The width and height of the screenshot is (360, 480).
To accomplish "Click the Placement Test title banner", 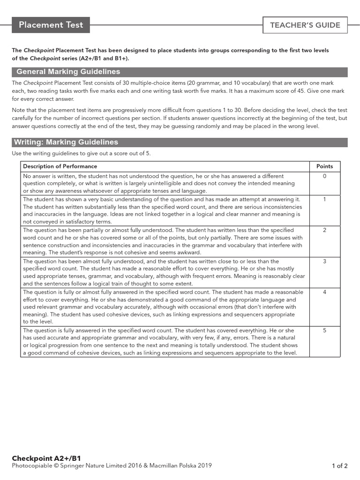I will point(51,25).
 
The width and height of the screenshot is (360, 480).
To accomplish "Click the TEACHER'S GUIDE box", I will point(305,25).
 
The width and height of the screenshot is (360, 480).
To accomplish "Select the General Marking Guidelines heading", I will point(68,72).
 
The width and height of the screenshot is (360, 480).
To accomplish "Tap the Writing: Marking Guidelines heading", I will point(66,142).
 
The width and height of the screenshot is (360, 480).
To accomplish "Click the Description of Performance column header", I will point(60,166).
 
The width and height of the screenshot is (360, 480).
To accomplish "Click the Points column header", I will point(324,166).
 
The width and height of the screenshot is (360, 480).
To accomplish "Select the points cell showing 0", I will point(324,176).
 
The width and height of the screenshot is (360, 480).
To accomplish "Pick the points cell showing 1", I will point(324,199).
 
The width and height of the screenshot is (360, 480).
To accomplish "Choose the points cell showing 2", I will point(324,230).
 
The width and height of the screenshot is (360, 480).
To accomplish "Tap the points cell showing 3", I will point(324,261).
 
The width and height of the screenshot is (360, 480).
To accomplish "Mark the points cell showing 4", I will point(324,292).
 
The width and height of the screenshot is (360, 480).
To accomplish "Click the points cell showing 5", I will point(324,330).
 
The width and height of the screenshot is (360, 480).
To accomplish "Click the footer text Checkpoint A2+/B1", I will point(43,458).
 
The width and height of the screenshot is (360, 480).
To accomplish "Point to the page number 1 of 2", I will point(339,466).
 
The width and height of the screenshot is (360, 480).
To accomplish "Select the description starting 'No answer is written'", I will point(159,184).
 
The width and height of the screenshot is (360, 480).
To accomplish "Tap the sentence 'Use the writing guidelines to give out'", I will point(82,154).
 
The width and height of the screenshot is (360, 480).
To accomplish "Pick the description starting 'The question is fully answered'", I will point(159,342).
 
